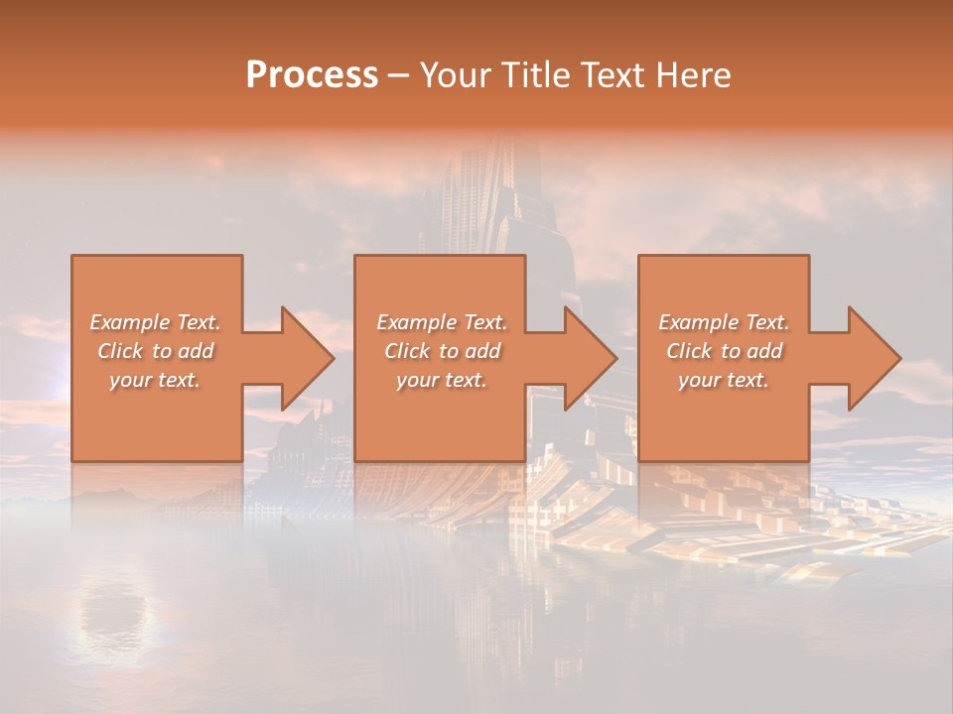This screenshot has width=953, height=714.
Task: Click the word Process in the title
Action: [x=312, y=75]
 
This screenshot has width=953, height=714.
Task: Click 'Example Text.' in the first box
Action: [x=155, y=322]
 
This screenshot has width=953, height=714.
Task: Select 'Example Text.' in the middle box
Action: [x=442, y=322]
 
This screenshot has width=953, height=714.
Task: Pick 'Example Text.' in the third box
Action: [x=724, y=322]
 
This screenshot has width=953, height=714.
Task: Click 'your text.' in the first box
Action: [x=155, y=380]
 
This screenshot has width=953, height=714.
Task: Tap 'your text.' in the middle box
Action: [x=442, y=380]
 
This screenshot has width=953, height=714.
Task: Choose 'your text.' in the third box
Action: [x=724, y=380]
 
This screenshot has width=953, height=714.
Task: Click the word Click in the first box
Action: [x=119, y=351]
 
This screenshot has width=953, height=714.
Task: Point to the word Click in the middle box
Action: [x=406, y=351]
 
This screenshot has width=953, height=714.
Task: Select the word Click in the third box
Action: [x=688, y=351]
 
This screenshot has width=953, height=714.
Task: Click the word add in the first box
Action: [x=196, y=351]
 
